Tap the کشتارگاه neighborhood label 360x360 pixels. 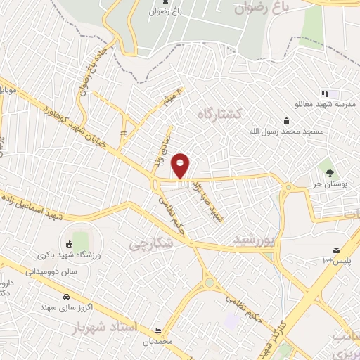(x=219, y=113)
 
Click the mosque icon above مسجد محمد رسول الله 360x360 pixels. (x=285, y=120)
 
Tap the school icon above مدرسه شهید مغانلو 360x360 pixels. (x=324, y=93)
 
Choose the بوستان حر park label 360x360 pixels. (x=329, y=183)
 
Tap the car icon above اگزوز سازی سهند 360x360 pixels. (x=65, y=297)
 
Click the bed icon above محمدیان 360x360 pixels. (x=157, y=329)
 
